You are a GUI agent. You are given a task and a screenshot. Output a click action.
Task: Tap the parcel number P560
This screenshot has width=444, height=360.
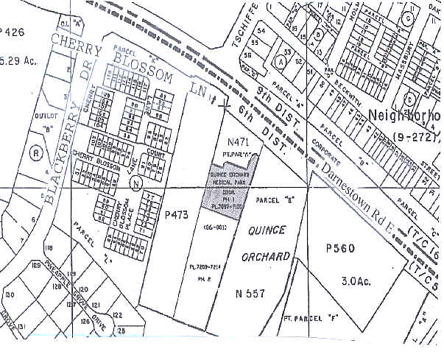click(x=339, y=248)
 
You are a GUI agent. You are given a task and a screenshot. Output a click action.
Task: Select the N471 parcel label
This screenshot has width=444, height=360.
click(x=239, y=141)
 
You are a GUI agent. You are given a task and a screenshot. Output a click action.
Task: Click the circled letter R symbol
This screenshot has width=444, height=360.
click(x=35, y=154)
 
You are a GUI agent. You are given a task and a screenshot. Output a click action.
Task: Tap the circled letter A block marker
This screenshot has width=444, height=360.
click(x=281, y=63)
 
